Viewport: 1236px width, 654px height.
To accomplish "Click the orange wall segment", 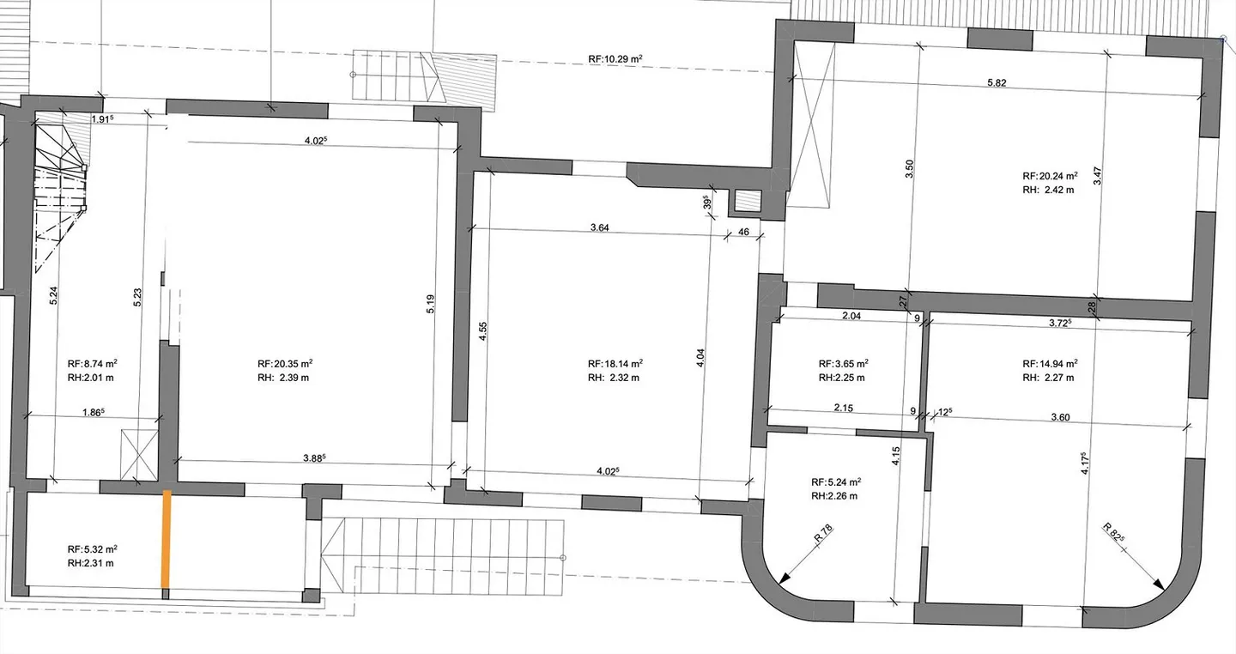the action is [x=167, y=539].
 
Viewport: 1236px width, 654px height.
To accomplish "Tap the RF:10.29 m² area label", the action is [x=615, y=59].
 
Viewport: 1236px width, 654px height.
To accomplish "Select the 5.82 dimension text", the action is [x=997, y=82].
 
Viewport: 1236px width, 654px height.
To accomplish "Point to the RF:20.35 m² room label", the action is [x=285, y=364].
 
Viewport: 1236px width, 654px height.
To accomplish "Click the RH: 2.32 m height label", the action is [x=614, y=378].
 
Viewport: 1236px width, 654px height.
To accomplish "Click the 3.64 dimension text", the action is [x=599, y=227].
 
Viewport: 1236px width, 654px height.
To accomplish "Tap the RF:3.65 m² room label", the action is [x=843, y=364].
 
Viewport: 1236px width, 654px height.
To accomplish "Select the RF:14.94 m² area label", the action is [x=1050, y=364].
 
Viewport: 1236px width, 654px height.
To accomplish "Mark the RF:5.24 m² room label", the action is [x=836, y=481].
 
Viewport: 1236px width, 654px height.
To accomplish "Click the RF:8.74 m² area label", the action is [x=92, y=364].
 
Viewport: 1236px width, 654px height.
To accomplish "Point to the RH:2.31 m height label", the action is [x=90, y=564].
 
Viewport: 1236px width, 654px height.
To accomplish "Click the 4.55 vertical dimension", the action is [x=482, y=330].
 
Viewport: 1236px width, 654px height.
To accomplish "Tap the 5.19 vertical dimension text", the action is [x=430, y=304].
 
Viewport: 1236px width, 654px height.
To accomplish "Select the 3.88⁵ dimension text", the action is [x=314, y=457].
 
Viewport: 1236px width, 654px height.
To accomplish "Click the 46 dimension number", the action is [x=744, y=232].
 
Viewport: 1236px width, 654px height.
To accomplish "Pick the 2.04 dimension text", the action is [x=851, y=316].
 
